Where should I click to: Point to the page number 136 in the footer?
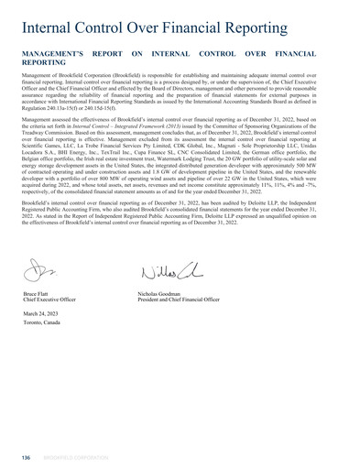[x=26, y=455]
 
